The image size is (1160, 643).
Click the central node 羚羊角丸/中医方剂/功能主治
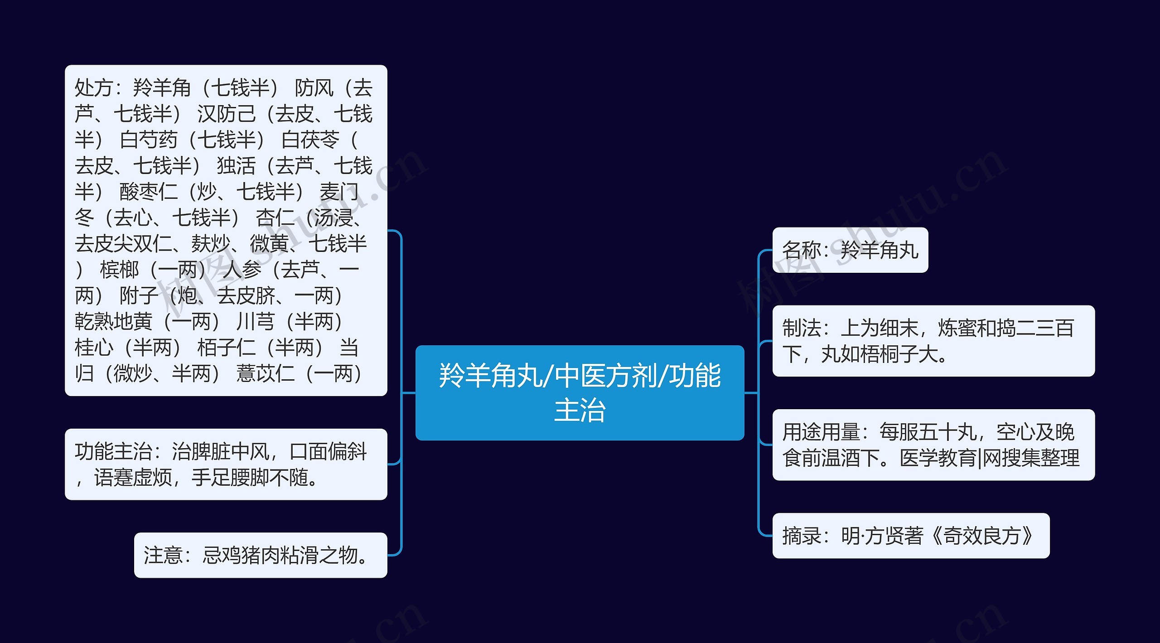[x=580, y=392]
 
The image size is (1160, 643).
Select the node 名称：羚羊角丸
[x=850, y=250]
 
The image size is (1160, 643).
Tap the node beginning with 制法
[x=933, y=341]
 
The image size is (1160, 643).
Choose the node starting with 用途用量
[x=933, y=445]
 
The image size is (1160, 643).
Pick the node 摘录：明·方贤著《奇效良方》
[x=910, y=536]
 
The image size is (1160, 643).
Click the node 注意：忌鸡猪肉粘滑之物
[x=261, y=555]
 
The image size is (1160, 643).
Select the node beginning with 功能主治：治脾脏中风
[x=226, y=464]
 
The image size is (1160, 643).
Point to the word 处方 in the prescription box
[x=94, y=88]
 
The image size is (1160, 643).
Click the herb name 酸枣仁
[x=149, y=192]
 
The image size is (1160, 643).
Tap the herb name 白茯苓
[x=310, y=140]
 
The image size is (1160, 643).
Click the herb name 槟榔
[x=120, y=270]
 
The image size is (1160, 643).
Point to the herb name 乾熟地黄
[x=113, y=322]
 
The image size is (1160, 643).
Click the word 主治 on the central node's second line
[x=580, y=411]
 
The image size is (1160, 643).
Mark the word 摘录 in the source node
[x=802, y=536]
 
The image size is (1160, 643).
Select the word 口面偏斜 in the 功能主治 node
[x=328, y=452]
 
